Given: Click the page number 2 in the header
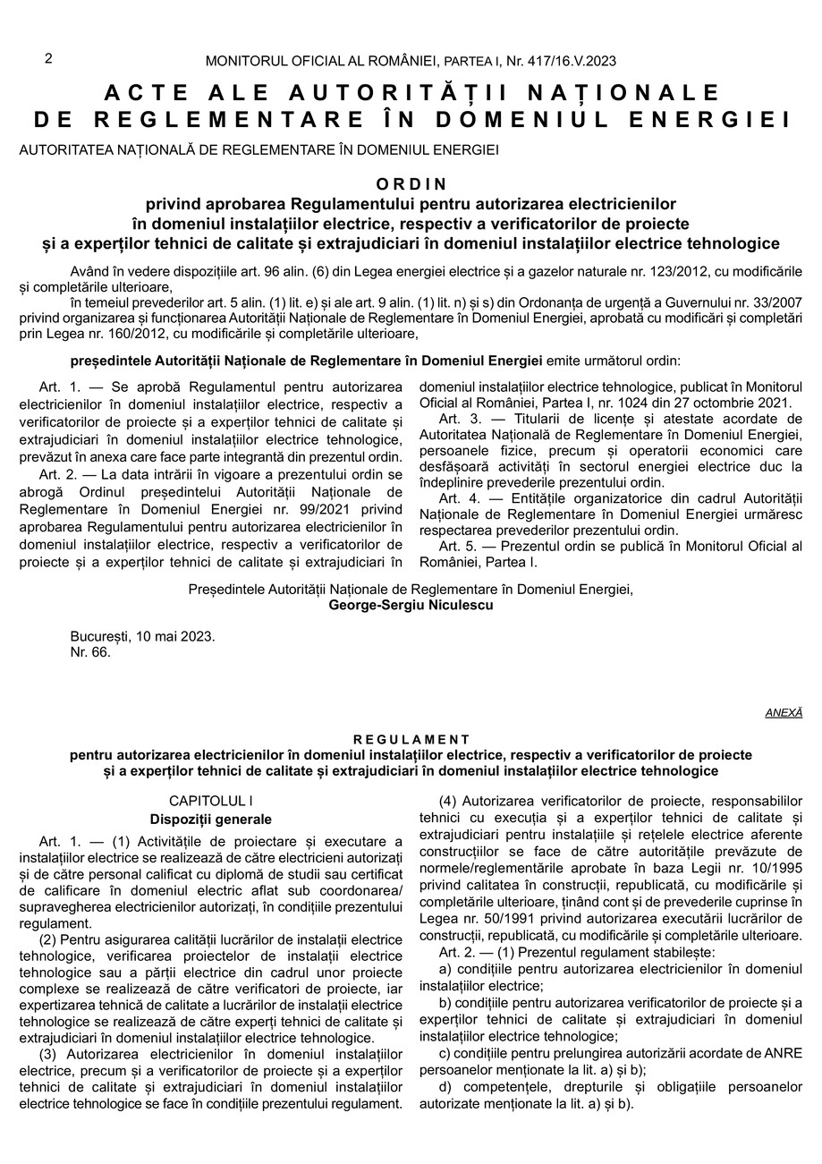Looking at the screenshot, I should click(48, 59).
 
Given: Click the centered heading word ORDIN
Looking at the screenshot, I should click(411, 184).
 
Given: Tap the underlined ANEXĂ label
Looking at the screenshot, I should click(784, 713).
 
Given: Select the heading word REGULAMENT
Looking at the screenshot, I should click(411, 740).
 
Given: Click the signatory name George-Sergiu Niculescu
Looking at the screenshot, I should click(411, 605).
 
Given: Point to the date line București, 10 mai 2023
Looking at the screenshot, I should click(142, 636).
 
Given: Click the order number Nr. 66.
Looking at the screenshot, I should click(90, 652).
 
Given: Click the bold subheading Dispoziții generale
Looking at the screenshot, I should click(210, 819).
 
